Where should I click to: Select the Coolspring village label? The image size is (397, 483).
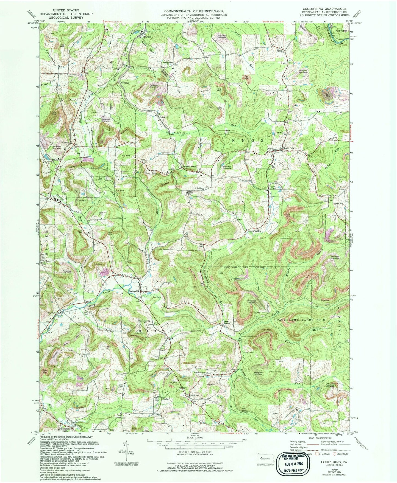click(134, 291)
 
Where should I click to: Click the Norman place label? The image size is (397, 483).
click(124, 83)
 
